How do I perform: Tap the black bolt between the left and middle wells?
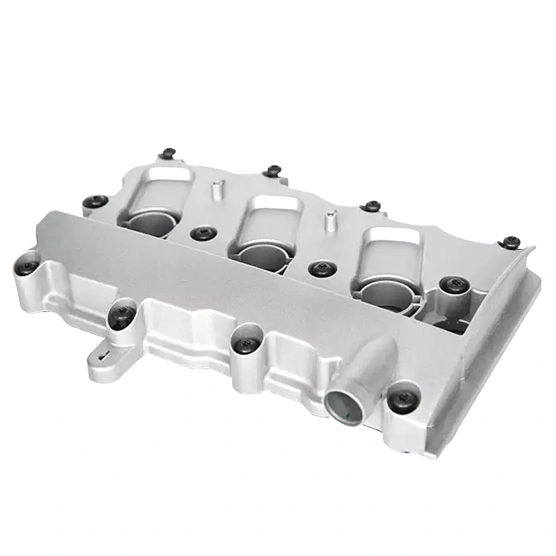tap(202, 234)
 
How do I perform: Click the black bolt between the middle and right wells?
tap(320, 267)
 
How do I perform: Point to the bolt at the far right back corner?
tap(512, 242)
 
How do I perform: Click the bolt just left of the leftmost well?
tap(95, 202)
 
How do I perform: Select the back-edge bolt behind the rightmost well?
tap(373, 206)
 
